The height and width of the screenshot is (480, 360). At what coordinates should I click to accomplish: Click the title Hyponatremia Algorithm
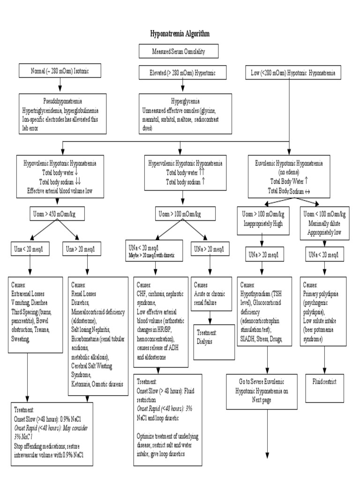point(180,34)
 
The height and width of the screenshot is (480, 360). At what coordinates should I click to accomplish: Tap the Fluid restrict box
point(327,382)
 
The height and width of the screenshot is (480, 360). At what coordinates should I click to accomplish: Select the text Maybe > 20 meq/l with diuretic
point(156,255)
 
